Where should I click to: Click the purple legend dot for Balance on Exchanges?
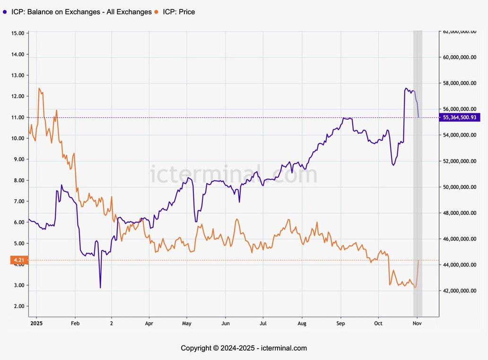(x=5, y=12)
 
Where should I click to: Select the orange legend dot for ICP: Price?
(x=157, y=12)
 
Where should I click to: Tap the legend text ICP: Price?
(x=179, y=12)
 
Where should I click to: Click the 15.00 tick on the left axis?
(x=18, y=33)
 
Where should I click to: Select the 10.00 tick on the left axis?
(x=18, y=138)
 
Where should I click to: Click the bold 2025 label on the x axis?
(x=36, y=324)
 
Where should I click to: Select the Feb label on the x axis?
(x=74, y=324)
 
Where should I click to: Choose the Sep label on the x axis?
(x=340, y=324)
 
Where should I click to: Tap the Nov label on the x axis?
(x=417, y=324)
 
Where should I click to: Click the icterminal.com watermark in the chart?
(x=234, y=174)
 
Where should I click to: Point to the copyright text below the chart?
(x=244, y=348)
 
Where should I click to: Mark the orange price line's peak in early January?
(x=39, y=88)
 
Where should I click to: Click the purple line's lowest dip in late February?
(x=100, y=287)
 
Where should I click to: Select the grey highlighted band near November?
(x=418, y=172)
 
